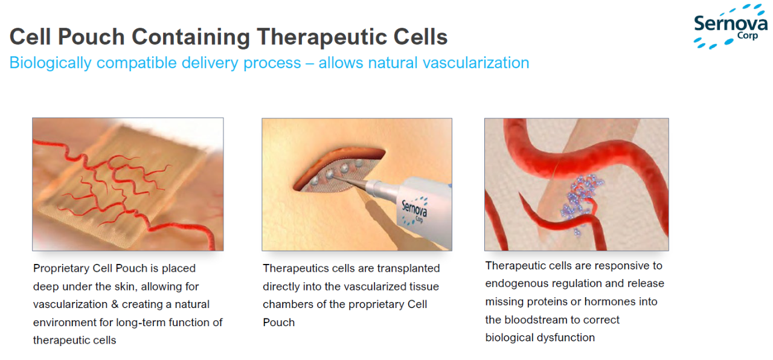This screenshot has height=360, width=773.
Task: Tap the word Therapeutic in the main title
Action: tap(322, 37)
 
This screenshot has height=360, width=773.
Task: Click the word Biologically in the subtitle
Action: tap(50, 63)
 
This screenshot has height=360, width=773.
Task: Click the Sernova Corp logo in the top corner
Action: tap(731, 27)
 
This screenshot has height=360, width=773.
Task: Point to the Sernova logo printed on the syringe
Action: tap(414, 210)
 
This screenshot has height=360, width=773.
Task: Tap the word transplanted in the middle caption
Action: tap(408, 268)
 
